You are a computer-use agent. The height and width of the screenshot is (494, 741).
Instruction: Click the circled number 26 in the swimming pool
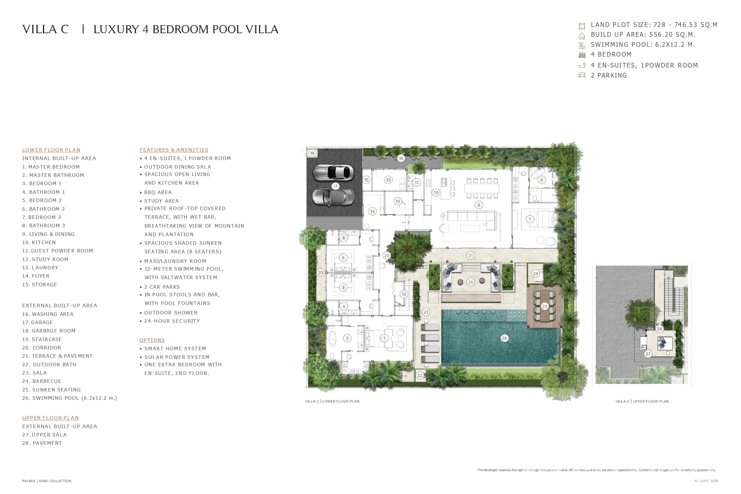tap(504, 338)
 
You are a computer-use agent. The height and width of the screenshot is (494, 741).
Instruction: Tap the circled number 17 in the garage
tap(335, 186)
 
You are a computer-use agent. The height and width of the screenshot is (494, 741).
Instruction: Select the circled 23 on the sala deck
tap(545, 306)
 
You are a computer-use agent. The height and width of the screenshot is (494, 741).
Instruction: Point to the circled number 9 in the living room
tap(479, 205)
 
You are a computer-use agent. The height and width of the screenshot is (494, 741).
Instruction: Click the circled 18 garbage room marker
tap(312, 153)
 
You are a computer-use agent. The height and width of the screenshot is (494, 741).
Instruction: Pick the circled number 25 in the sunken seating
tap(470, 282)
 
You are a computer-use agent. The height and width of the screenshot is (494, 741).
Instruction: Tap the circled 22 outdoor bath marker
tap(420, 375)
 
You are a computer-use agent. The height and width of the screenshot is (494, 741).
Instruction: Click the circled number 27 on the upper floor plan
tap(648, 354)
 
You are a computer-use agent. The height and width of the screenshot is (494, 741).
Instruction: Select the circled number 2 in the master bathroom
tap(347, 338)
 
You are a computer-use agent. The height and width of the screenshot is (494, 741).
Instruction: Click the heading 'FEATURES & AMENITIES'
tap(174, 150)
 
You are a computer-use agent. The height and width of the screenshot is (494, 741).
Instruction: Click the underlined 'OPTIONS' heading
tap(152, 340)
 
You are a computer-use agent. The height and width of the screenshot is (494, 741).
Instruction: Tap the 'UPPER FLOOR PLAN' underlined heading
tap(50, 418)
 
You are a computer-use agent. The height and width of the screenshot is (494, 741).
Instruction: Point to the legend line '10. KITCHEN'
tap(39, 242)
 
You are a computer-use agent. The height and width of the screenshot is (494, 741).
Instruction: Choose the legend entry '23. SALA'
tap(34, 373)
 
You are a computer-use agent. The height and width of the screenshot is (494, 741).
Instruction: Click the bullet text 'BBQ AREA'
tap(158, 192)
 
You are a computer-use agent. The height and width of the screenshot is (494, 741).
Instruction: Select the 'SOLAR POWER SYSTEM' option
tap(177, 357)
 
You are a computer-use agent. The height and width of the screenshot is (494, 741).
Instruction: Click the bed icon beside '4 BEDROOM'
tap(582, 55)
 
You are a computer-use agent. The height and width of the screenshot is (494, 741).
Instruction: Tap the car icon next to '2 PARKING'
tap(582, 75)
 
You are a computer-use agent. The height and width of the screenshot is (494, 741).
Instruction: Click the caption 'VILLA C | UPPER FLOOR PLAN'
tap(642, 401)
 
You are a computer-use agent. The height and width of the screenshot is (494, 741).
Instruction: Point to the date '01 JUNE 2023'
tap(706, 481)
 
